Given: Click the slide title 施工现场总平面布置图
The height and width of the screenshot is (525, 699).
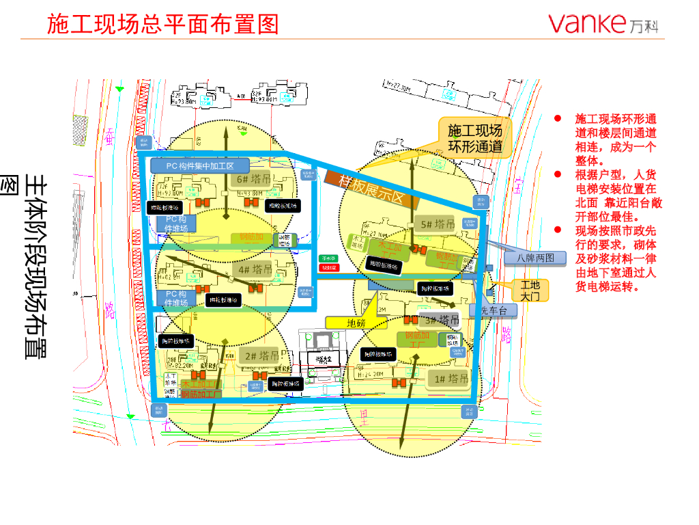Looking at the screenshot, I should click(x=163, y=24).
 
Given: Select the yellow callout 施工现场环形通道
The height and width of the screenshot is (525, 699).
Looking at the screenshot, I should click(x=475, y=138).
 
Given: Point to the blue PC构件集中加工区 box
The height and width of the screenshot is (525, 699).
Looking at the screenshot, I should click(x=191, y=165).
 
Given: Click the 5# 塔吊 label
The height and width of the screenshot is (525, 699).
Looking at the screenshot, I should click(x=438, y=224).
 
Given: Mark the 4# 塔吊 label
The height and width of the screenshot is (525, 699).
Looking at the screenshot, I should click(x=255, y=269).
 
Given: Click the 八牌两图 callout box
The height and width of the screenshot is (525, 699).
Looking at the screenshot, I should click(x=535, y=258).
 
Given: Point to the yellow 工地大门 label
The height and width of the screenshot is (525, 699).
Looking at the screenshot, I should click(x=530, y=291).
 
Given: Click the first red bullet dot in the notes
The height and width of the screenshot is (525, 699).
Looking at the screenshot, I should click(x=558, y=118).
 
